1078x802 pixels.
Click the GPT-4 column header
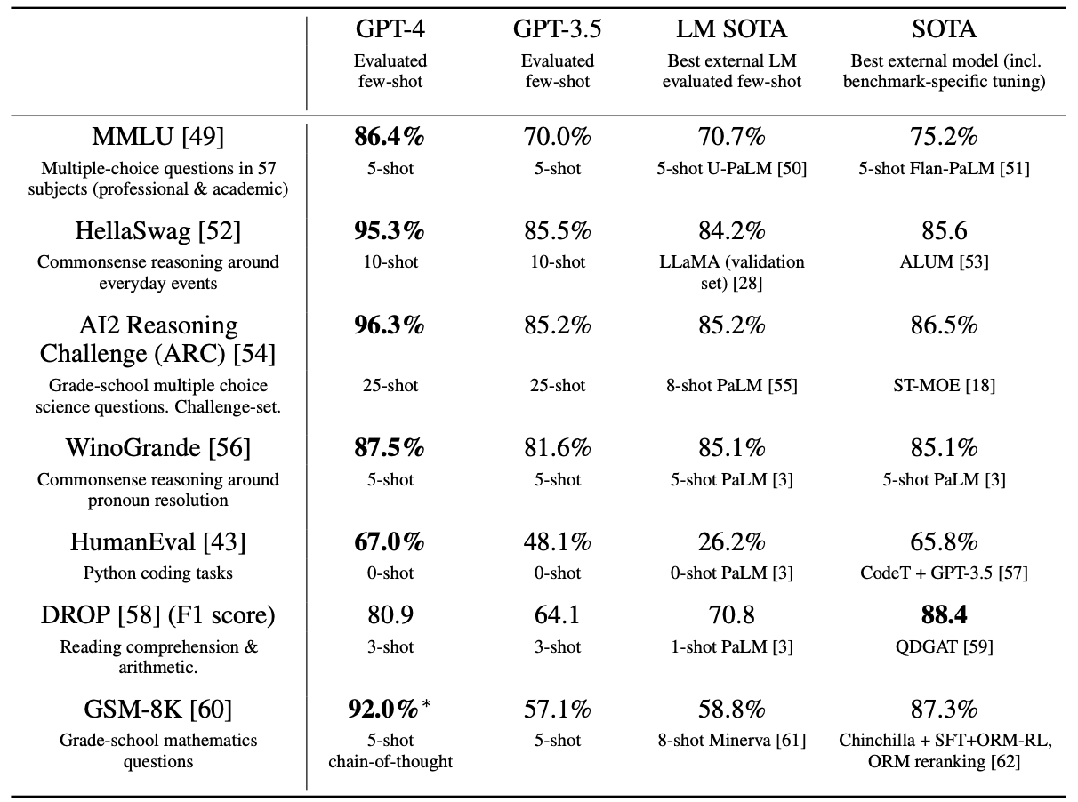390,29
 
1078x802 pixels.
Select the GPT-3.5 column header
557,29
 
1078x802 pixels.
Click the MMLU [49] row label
158,138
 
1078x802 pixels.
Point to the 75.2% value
944,138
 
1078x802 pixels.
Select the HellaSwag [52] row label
158,231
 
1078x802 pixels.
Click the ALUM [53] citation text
944,261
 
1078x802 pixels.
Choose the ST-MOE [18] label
944,385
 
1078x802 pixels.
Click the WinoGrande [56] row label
158,448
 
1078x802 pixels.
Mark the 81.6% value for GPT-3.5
557,448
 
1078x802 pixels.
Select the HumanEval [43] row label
158,542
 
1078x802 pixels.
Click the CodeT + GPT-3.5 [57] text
944,573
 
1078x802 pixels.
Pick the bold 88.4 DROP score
944,615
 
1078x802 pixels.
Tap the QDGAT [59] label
944,646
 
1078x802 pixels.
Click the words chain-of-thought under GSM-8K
390,761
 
